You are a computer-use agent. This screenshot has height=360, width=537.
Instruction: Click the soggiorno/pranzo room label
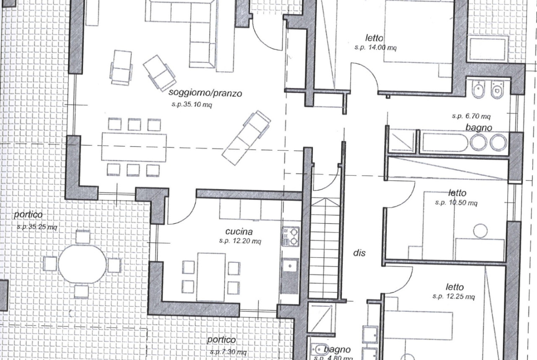205,93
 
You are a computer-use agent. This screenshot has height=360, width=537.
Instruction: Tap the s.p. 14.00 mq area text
375,48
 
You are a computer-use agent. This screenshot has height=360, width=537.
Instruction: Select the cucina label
239,232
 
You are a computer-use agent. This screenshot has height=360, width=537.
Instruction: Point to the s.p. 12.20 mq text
240,241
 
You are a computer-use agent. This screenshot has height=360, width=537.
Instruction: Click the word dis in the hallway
359,253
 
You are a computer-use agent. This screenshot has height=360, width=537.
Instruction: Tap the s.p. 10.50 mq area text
456,203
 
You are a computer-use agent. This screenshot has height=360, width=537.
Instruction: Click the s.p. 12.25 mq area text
454,296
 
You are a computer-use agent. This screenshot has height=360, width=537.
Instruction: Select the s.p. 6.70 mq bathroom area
471,116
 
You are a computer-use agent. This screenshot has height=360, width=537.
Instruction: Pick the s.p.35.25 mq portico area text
37,227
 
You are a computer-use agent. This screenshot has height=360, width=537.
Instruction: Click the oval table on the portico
82,263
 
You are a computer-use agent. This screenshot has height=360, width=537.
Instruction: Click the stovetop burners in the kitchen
291,236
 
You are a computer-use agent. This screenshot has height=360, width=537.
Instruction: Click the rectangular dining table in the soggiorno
134,148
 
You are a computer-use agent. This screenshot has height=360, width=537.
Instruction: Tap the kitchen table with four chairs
211,277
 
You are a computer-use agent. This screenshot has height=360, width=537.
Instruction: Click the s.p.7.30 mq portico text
228,352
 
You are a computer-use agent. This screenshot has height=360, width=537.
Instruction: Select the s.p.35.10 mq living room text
192,105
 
